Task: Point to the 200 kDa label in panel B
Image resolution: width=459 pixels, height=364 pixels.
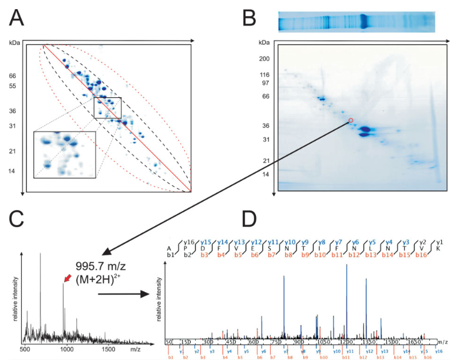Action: click(x=264, y=59)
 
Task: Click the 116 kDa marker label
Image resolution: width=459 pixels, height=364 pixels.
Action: click(x=264, y=75)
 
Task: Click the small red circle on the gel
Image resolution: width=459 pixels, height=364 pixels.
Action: click(x=351, y=121)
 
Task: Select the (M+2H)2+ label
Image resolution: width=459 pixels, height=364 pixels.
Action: click(x=98, y=280)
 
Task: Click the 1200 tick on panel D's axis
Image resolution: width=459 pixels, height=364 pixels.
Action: click(x=347, y=342)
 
